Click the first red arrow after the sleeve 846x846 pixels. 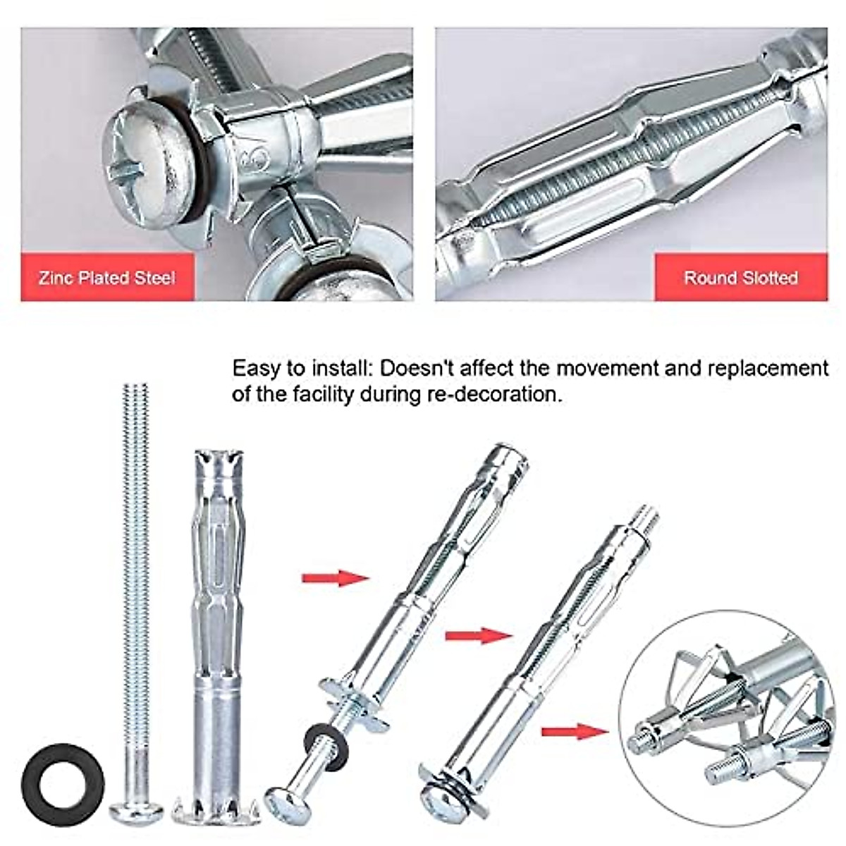coord(336,578)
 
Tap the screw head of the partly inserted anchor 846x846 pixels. coord(283,803)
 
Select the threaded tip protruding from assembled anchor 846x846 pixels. coord(645,520)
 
